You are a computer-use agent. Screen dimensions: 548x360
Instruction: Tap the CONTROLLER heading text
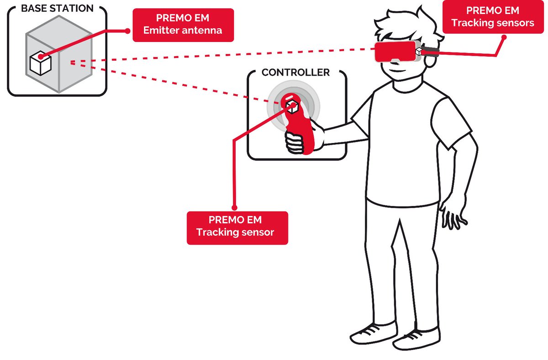[295, 73]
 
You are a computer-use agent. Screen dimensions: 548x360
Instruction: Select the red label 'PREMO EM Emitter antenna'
[183, 26]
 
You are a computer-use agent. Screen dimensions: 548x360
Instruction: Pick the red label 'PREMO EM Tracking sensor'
[237, 227]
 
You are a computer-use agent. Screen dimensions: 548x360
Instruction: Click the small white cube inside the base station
[40, 63]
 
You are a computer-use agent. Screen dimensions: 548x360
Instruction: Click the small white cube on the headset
[419, 51]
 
